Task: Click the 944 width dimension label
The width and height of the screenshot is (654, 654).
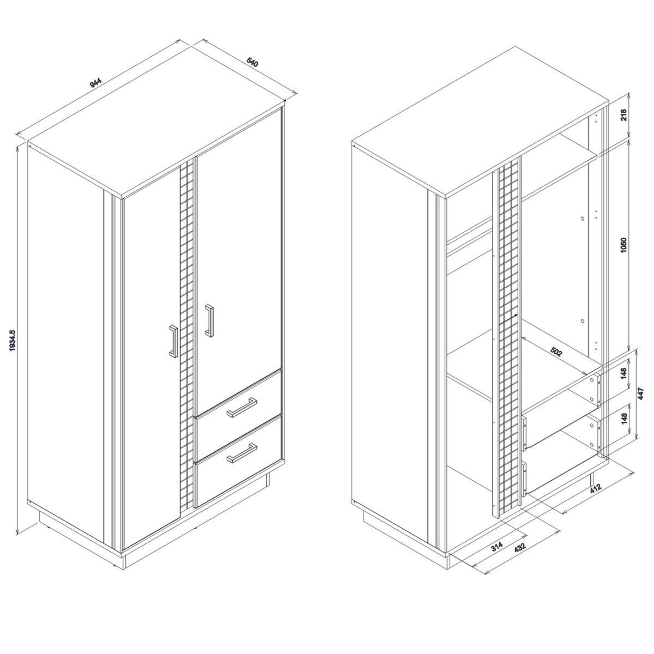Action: pos(95,82)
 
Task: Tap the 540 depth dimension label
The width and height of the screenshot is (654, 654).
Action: pos(252,63)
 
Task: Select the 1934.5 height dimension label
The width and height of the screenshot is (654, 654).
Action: pos(13,340)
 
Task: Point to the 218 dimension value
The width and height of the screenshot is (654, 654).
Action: pos(623,114)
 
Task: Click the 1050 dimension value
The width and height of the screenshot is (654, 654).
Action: pos(623,247)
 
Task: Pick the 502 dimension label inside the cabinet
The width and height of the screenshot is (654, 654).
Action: pos(555,352)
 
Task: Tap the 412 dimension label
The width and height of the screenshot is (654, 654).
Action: pos(595,488)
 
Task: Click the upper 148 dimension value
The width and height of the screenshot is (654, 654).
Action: pos(623,373)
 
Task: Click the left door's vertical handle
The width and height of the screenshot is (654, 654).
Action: pos(174,341)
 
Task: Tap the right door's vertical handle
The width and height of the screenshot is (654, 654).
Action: pos(209,320)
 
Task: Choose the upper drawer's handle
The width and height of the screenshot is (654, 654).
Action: pos(241,407)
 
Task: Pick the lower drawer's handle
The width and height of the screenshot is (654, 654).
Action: pos(241,452)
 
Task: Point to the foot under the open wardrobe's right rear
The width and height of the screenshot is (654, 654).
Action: pos(592,479)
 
